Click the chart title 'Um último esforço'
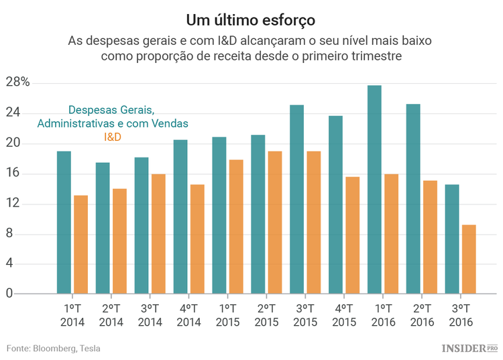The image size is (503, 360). (x=251, y=16)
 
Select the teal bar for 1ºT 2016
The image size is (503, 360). (x=374, y=190)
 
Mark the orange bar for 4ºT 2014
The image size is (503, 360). (x=197, y=239)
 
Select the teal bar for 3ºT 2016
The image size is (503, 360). (x=452, y=239)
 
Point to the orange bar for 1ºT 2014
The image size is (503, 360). (x=80, y=245)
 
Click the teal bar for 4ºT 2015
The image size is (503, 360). (x=335, y=204)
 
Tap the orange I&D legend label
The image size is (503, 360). (x=113, y=137)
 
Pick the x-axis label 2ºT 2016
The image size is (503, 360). (x=421, y=315)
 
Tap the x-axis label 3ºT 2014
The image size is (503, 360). (x=150, y=315)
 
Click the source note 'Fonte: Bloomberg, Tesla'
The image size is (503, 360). (x=54, y=348)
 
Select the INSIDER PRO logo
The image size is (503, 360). (x=469, y=348)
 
